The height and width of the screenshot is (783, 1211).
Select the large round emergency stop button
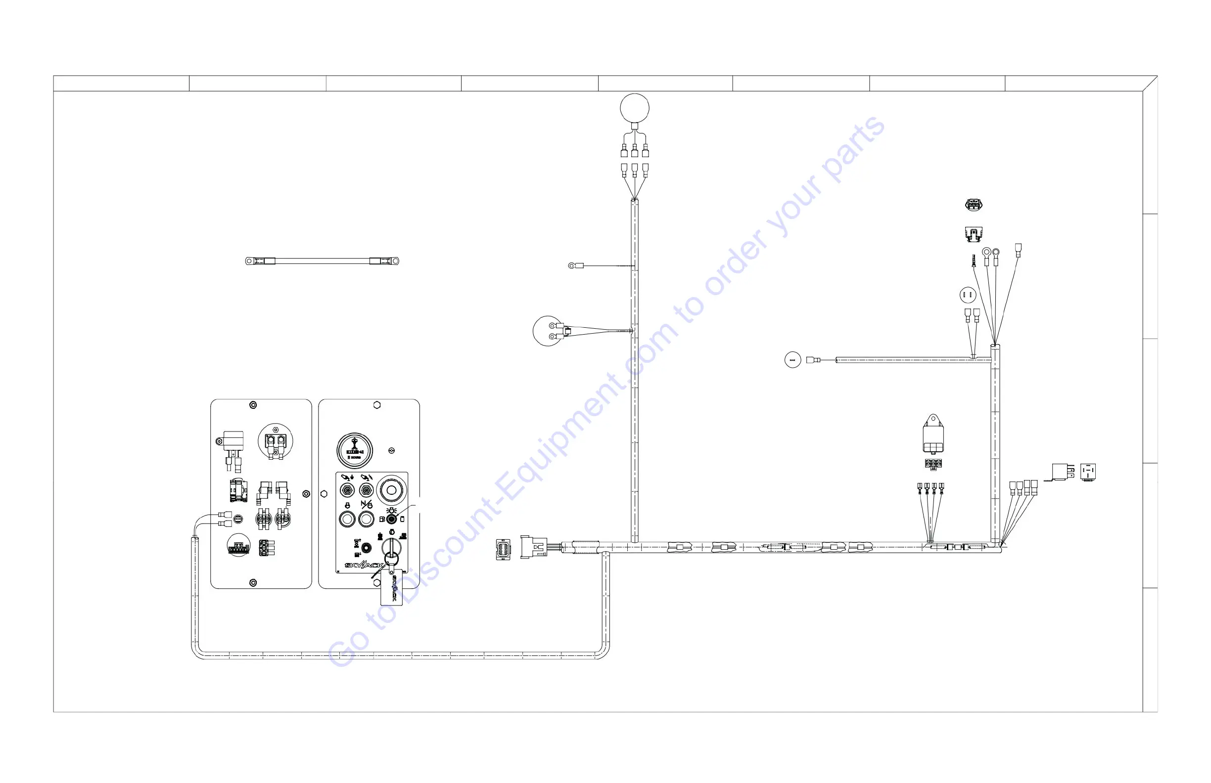coord(391,490)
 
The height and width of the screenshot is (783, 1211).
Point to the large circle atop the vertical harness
coord(635,108)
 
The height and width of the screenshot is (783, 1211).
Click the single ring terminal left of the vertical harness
coord(572,265)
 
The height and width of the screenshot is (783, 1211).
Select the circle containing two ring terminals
coord(548,331)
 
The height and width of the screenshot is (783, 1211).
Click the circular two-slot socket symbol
coord(967,295)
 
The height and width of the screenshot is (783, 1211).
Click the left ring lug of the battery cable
coord(249,261)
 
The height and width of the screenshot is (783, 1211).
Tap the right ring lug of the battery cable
coord(395,261)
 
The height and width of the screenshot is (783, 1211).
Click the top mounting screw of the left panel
coord(253,405)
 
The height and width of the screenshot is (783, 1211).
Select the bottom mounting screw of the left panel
coord(253,582)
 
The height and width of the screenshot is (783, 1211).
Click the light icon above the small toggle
coord(391,510)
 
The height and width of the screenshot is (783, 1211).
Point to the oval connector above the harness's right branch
coord(974,205)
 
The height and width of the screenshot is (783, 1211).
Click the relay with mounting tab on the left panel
coord(233,442)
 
